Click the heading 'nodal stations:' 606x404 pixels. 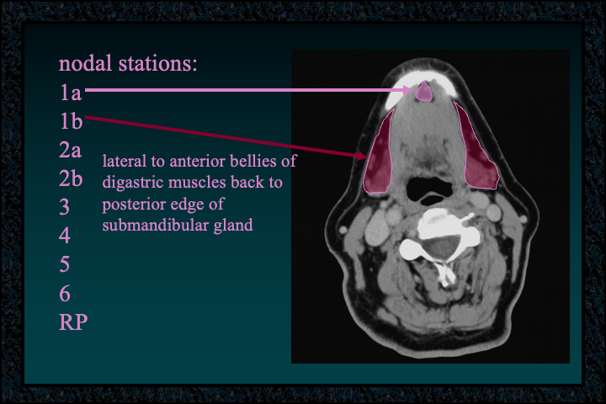128,63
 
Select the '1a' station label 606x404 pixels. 71,93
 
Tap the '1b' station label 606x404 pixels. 71,121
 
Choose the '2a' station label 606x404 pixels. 71,150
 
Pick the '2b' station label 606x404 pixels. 71,178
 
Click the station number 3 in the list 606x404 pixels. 64,207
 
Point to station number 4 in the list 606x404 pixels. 65,236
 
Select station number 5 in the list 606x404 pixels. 65,264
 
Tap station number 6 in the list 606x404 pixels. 65,294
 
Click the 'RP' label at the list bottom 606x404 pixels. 73,322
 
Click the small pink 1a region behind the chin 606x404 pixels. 423,93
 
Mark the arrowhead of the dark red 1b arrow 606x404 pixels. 361,156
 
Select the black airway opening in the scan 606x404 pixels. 428,190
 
